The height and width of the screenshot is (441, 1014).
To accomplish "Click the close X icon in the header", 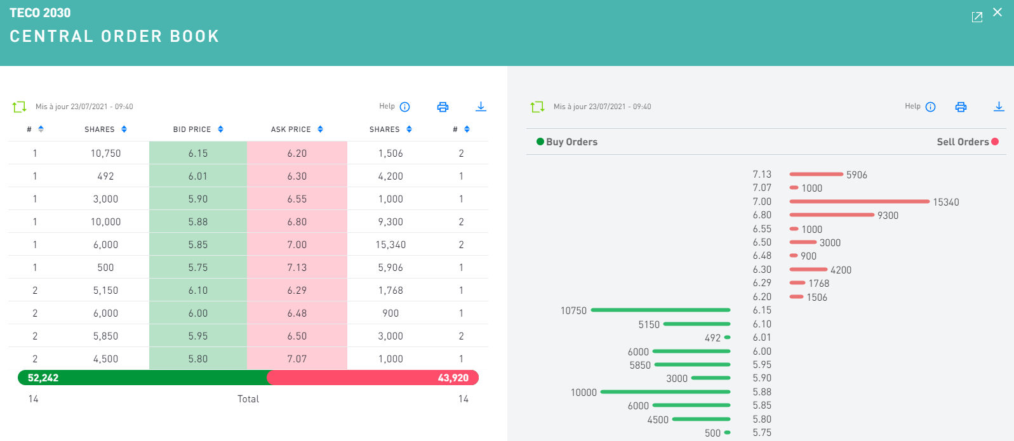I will pyautogui.click(x=997, y=12).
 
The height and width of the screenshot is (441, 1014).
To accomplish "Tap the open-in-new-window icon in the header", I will pyautogui.click(x=977, y=17).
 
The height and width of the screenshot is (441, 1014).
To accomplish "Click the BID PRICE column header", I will pyautogui.click(x=192, y=129).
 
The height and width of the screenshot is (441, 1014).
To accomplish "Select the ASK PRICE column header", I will pyautogui.click(x=291, y=129).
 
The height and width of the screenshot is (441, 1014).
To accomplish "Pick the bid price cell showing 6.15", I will pyautogui.click(x=198, y=154).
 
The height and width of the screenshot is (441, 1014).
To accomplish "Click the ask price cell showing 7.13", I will pyautogui.click(x=297, y=268).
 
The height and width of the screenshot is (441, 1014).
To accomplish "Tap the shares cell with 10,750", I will pyautogui.click(x=105, y=154).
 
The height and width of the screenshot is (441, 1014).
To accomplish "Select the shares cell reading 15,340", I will pyautogui.click(x=390, y=245).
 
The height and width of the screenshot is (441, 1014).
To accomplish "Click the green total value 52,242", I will pyautogui.click(x=43, y=378).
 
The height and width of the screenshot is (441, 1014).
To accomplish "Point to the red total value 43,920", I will pyautogui.click(x=453, y=378).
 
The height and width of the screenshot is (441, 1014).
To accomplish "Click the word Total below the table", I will pyautogui.click(x=248, y=399).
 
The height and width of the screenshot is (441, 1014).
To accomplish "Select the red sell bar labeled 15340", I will pyautogui.click(x=859, y=202).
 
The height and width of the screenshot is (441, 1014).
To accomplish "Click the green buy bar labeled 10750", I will pyautogui.click(x=660, y=310).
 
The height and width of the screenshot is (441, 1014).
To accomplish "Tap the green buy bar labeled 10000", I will pyautogui.click(x=665, y=392).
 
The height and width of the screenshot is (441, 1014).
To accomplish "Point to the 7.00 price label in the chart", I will pyautogui.click(x=762, y=202).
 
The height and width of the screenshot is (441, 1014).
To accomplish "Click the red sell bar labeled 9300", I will pyautogui.click(x=832, y=215).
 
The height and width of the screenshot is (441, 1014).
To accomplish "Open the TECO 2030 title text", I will pyautogui.click(x=40, y=13).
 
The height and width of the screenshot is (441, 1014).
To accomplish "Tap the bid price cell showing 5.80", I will pyautogui.click(x=198, y=359).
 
